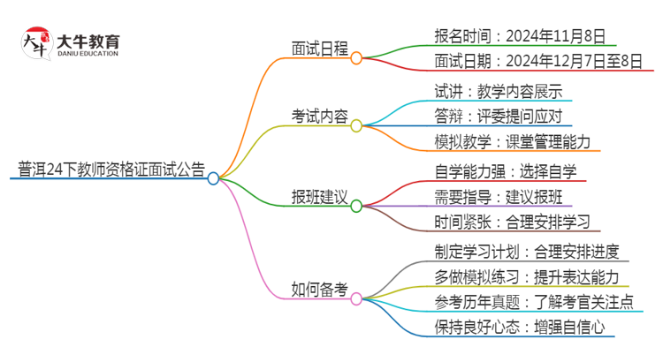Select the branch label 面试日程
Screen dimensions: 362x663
320,49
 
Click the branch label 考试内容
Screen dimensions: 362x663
320,116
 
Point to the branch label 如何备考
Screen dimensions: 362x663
320,289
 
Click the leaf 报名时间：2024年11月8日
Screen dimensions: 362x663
520,36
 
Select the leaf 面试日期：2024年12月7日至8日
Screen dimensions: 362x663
537,61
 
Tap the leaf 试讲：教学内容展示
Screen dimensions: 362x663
497,92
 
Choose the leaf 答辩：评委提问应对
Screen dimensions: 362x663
497,116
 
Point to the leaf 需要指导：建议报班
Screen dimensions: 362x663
497,196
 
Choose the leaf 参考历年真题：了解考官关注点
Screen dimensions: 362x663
535,302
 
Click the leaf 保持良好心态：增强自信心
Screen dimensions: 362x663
520,328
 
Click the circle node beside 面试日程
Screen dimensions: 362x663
356,58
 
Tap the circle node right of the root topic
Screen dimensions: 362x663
213,178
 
